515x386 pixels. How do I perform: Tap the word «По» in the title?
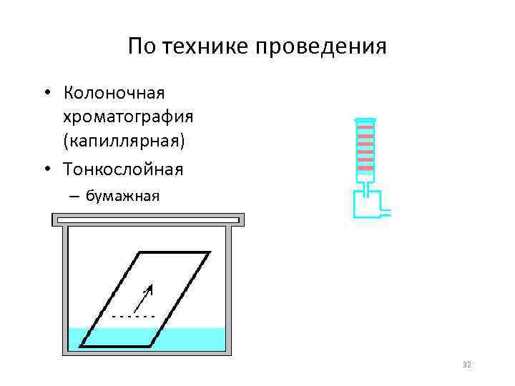click(142, 48)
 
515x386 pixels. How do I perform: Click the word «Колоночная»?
click(114, 94)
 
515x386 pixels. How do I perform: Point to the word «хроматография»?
click(129, 117)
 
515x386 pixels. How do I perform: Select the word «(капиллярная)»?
click(124, 140)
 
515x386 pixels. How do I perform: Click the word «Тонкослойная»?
click(124, 169)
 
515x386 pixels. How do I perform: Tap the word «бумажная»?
click(122, 196)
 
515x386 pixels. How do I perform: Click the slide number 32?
click(467, 365)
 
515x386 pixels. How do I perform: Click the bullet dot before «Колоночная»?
click(46, 94)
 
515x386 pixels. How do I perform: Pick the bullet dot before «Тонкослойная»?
click(46, 169)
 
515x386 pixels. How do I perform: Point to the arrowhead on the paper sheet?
click(148, 290)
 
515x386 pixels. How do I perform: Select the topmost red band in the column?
click(365, 127)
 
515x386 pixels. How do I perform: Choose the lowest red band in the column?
click(365, 169)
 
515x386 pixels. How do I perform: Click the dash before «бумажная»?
click(74, 196)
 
